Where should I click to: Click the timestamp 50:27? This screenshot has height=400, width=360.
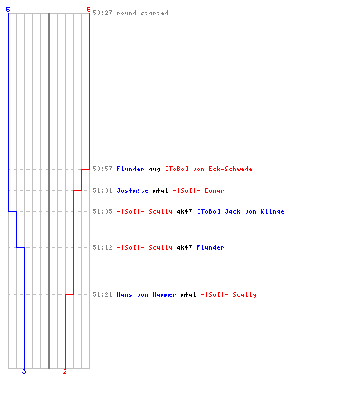[x=102, y=13]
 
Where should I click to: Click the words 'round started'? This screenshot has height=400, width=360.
[x=142, y=13]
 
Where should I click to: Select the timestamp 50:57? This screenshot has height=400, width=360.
[x=102, y=169]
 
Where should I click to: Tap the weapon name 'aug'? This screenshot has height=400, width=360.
[x=154, y=170]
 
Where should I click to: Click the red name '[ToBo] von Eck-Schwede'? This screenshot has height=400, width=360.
[x=209, y=169]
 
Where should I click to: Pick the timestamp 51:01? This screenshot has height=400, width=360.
[x=102, y=190]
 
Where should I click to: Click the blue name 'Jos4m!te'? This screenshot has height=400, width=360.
[x=132, y=190]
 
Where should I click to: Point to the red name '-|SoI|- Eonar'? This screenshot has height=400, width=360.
[x=198, y=190]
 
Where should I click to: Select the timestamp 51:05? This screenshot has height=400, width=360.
[x=102, y=211]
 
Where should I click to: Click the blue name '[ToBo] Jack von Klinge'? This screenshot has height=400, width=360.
[x=241, y=211]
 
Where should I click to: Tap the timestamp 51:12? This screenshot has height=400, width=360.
[x=102, y=247]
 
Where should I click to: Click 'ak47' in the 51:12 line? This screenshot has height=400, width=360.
[x=184, y=247]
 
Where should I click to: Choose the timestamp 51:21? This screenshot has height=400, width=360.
[x=102, y=294]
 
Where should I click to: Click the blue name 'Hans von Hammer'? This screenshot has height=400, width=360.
[x=146, y=294]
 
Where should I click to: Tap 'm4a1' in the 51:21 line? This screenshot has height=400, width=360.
[x=188, y=294]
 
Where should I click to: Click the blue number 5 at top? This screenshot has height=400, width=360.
[x=8, y=10]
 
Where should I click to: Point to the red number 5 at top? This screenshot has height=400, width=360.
[x=89, y=10]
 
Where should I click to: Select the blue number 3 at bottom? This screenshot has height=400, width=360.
[x=24, y=371]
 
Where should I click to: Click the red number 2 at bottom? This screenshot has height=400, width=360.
[x=65, y=371]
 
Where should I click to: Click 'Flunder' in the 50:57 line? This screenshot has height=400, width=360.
[x=130, y=169]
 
